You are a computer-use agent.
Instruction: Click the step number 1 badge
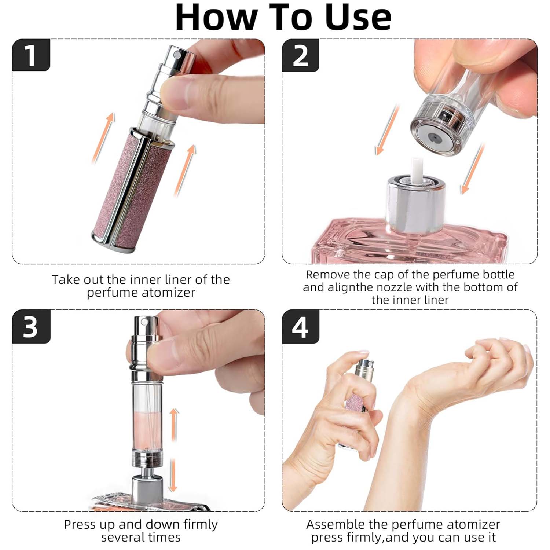(31, 55)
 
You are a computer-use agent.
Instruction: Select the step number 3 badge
(31, 326)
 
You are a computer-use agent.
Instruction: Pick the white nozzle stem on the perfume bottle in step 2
(417, 170)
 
